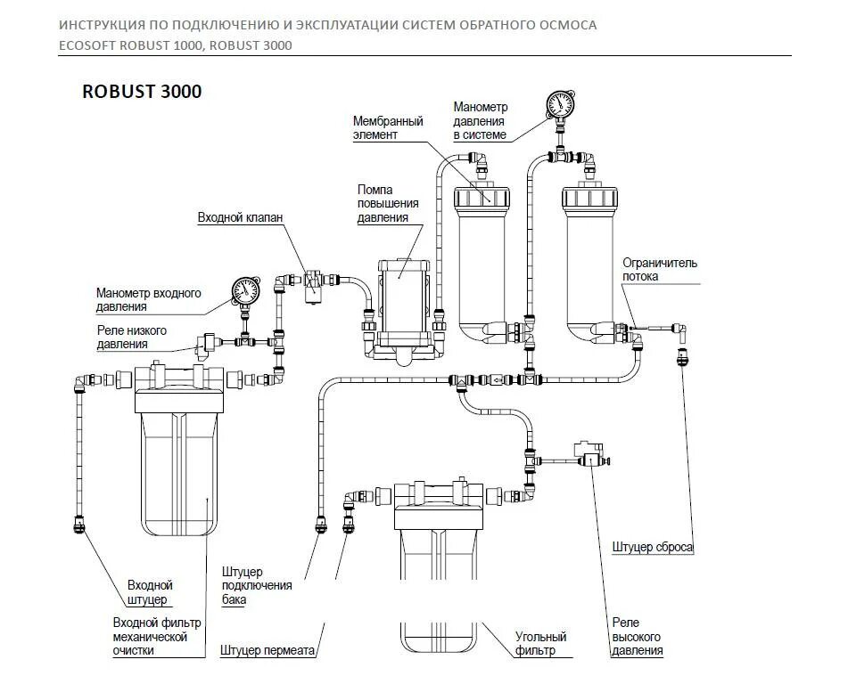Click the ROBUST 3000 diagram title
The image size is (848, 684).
coord(142,92)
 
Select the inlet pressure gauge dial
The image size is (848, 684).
coord(243,290)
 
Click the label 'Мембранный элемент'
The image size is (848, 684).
coord(388,127)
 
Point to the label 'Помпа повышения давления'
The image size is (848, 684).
coord(383,203)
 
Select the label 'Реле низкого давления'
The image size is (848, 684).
coord(132,337)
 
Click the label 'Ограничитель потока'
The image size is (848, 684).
coord(660,269)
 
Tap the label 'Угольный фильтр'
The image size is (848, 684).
coord(541,644)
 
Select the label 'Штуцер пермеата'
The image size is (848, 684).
coord(268,650)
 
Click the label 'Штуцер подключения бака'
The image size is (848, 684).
coord(258,585)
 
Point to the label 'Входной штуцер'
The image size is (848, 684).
coord(149,592)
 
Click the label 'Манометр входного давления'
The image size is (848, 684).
coord(148,300)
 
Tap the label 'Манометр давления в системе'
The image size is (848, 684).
coord(480,121)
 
